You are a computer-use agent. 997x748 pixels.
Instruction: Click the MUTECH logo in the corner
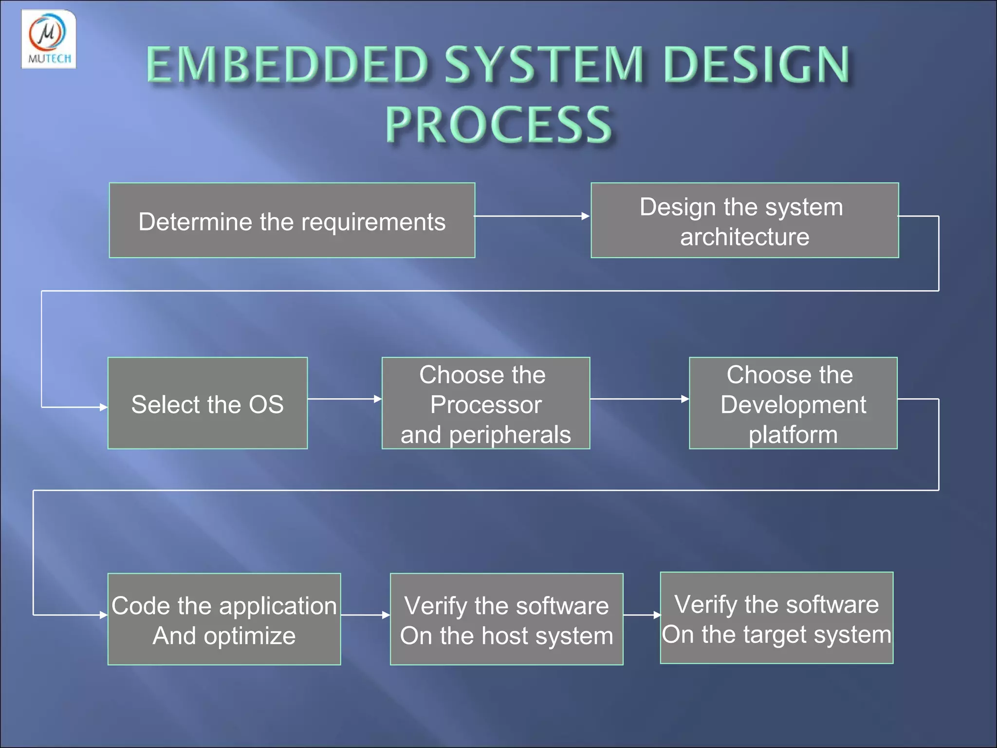[49, 39]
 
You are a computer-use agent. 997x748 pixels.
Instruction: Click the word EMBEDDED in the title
[287, 64]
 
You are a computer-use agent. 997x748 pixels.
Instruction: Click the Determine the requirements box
[292, 220]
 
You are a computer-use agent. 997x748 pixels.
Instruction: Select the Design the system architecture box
[744, 220]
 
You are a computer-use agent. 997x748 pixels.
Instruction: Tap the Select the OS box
[207, 403]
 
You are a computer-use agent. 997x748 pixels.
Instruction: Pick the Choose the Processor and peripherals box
[485, 403]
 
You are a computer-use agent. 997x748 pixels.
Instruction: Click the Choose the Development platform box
[793, 403]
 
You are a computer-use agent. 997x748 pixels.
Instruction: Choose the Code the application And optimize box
[224, 619]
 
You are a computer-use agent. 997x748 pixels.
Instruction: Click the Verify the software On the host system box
[506, 619]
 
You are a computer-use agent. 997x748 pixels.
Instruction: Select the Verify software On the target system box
[776, 617]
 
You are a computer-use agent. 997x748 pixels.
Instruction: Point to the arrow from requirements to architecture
[532, 216]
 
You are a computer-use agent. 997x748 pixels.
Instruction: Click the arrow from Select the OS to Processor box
[344, 399]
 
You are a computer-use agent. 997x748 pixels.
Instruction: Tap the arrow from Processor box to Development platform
[639, 399]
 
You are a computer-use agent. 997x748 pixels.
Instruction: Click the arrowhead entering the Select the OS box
[103, 407]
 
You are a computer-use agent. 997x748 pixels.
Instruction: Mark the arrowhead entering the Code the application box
[103, 615]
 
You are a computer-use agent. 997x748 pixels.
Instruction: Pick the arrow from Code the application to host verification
[365, 615]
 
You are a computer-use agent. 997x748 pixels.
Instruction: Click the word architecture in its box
[744, 237]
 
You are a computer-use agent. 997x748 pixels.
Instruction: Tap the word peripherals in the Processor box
[509, 435]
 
